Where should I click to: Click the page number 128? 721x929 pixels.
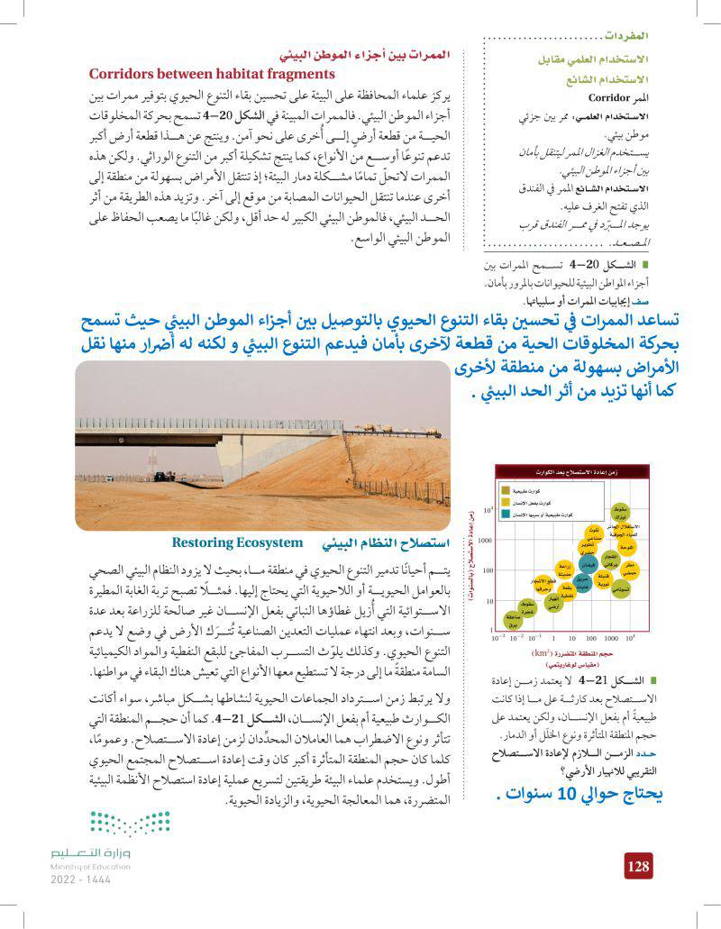tap(637, 866)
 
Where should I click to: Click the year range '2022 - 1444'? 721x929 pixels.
tap(80, 879)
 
